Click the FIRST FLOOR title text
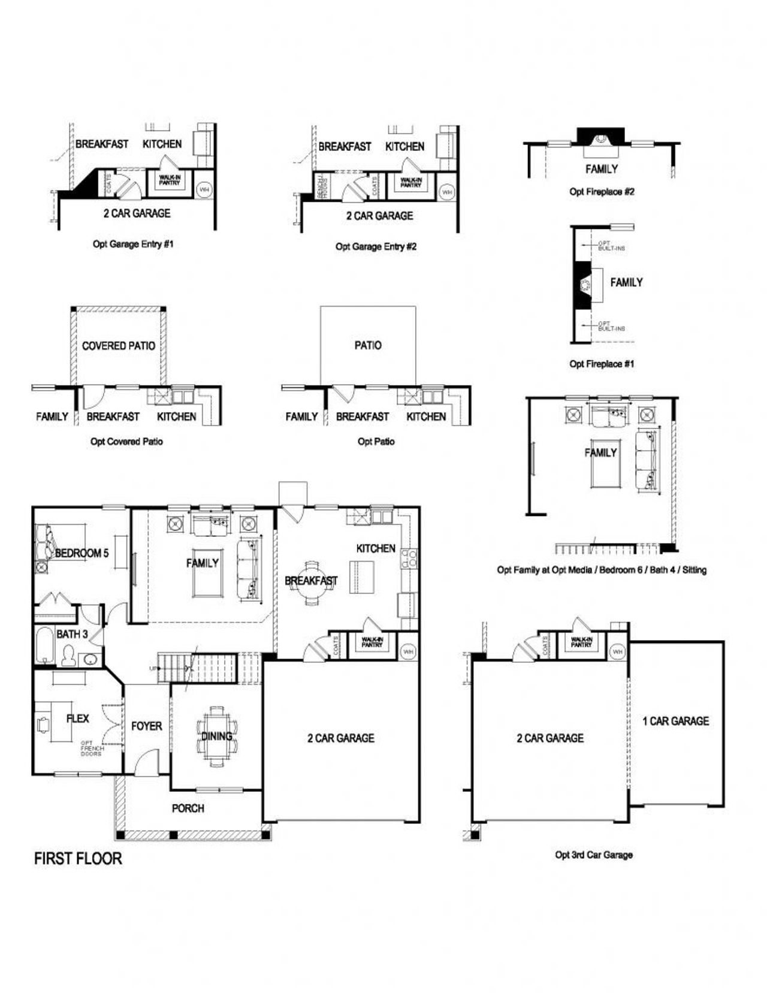78,858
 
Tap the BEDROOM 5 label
81,553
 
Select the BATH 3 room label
72,633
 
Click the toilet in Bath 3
68,656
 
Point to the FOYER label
146,726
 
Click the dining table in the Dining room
216,735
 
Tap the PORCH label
188,808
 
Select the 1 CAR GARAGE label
675,721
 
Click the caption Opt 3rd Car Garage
593,855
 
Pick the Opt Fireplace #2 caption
602,192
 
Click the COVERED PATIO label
118,346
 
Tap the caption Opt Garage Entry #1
133,244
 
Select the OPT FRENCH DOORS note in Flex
92,748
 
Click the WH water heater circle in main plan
408,651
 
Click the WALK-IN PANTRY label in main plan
372,642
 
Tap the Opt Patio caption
376,442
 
